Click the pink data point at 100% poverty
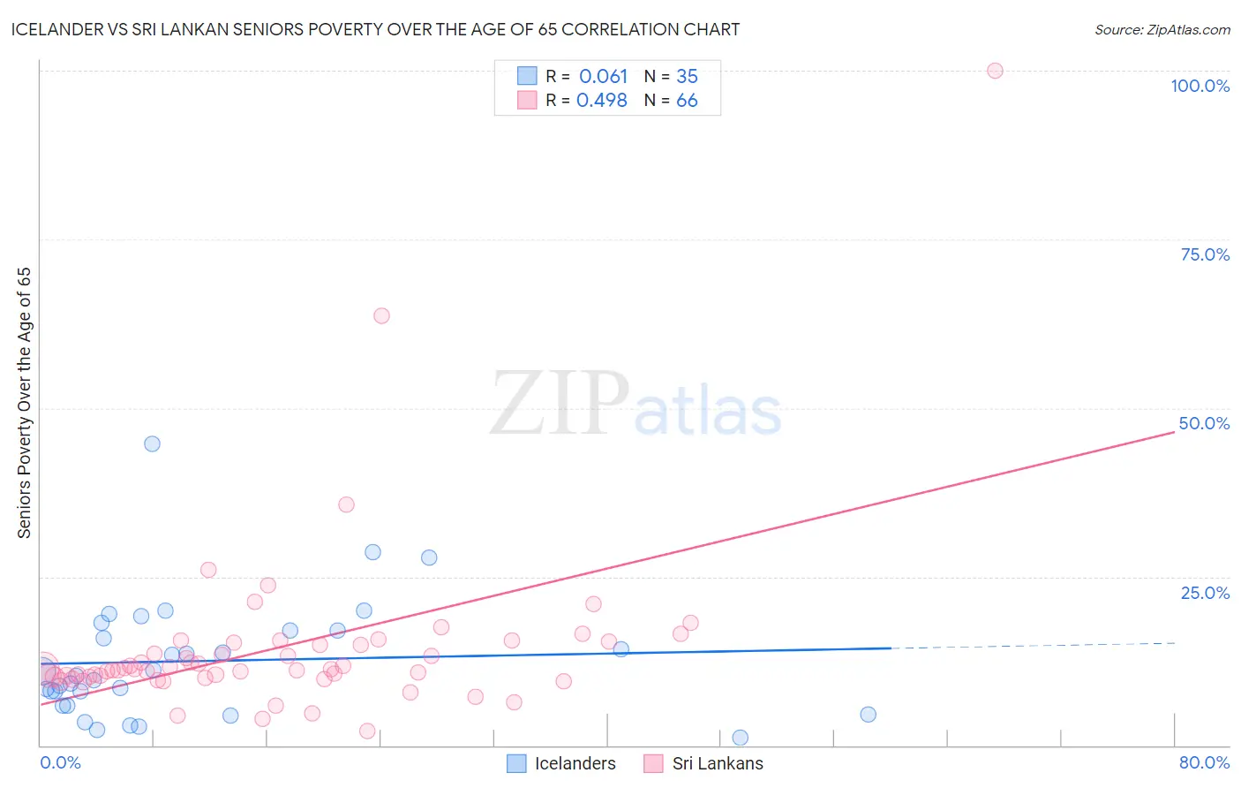coord(995,71)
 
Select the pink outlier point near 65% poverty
coord(381,315)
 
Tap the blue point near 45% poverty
coord(152,443)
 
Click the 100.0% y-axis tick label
coord(1200,86)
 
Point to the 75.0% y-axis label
coord(1205,254)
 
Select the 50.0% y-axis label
coord(1204,423)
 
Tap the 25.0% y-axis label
coord(1205,592)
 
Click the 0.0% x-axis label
coord(60,762)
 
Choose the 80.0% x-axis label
coord(1204,762)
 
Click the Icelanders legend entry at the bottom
coord(575,763)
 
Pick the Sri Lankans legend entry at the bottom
coord(717,763)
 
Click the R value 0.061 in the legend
coord(603,77)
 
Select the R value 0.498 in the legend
coord(601,101)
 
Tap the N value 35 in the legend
coord(687,77)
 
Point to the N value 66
coord(687,101)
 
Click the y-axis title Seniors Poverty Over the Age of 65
coord(24,403)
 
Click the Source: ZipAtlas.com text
coord(1162,29)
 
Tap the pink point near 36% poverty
coord(346,504)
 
